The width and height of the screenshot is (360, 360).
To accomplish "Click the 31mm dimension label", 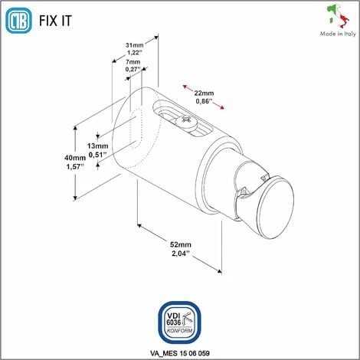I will point(134,44).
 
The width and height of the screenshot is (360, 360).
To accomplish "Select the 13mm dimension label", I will point(97,145).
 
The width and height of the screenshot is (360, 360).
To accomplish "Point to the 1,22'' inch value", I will point(134,52).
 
